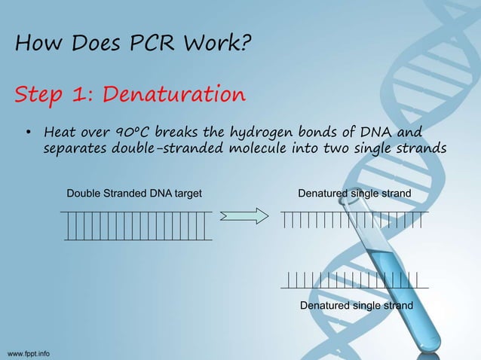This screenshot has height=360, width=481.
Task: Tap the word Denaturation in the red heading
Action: pyautogui.click(x=173, y=96)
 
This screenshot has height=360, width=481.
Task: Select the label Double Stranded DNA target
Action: pyautogui.click(x=134, y=194)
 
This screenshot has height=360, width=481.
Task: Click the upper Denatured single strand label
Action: pyautogui.click(x=354, y=194)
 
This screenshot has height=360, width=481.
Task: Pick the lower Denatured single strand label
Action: pyautogui.click(x=356, y=306)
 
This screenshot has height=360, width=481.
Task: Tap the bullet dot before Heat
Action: pyautogui.click(x=27, y=135)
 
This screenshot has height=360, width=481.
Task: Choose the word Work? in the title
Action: pyautogui.click(x=219, y=45)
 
